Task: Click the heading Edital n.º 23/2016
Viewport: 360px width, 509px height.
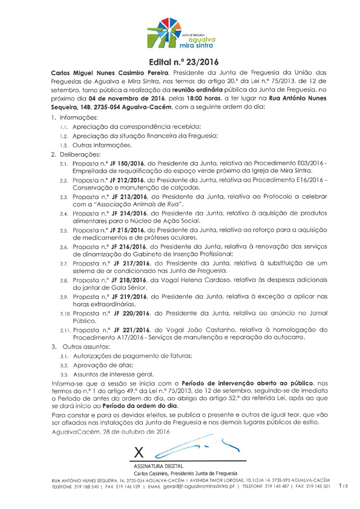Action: (180, 62)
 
